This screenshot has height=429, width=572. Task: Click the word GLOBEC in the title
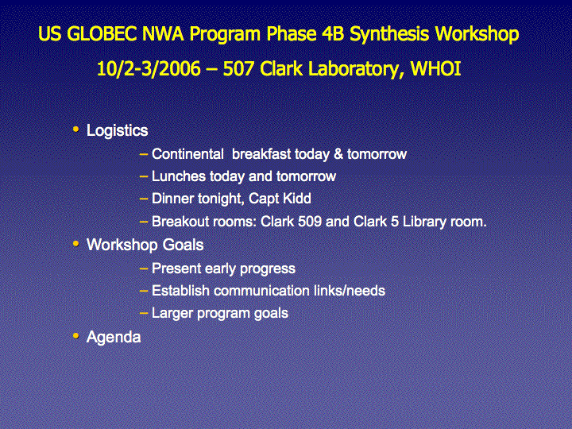(102, 34)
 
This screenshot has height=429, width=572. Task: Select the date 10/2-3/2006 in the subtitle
(149, 68)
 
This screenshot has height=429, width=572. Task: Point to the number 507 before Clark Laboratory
(238, 68)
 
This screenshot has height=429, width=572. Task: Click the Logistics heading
(117, 130)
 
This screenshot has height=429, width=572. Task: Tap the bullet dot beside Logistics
(76, 129)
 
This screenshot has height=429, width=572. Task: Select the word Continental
(187, 154)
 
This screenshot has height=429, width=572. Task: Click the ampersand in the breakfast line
(338, 154)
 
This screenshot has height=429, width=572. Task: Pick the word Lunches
(179, 176)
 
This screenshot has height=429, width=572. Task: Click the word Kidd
(297, 199)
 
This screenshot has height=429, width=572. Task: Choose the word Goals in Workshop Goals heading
(183, 245)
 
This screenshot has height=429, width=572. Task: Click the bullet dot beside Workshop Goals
(76, 243)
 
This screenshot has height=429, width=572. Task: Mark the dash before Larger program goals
(144, 313)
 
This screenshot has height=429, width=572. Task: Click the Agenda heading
(114, 338)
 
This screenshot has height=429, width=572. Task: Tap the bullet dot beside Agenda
(76, 335)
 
